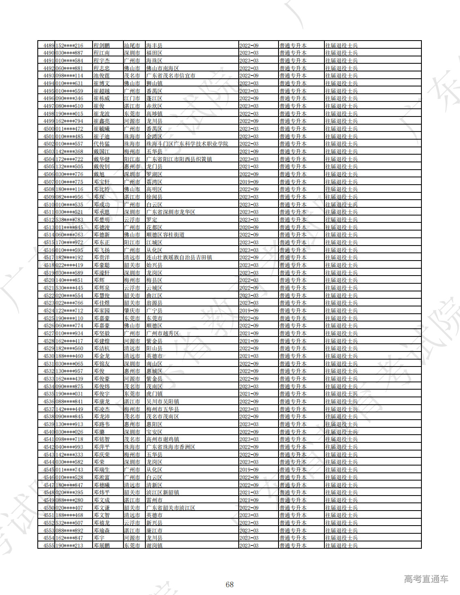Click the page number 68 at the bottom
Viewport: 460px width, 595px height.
click(x=229, y=584)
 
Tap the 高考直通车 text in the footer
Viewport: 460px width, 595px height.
click(x=426, y=579)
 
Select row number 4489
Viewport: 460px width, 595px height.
click(x=49, y=45)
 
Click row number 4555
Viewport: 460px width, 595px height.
click(x=49, y=545)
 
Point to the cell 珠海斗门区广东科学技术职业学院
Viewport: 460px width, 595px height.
click(x=187, y=144)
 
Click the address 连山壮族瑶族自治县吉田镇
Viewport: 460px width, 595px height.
click(x=179, y=257)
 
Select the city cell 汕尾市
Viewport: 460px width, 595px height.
click(x=132, y=45)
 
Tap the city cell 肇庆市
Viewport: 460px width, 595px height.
click(x=132, y=310)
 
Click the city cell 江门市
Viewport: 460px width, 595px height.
click(x=132, y=99)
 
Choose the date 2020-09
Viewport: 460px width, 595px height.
click(x=249, y=227)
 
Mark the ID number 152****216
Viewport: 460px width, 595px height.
click(x=69, y=45)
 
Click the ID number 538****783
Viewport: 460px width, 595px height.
click(x=69, y=220)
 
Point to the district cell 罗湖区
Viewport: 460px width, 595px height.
click(x=154, y=174)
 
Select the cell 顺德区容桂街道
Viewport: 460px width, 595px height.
click(x=165, y=235)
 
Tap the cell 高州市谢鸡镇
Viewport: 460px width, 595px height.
click(x=162, y=439)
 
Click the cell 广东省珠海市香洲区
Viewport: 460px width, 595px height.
click(x=171, y=447)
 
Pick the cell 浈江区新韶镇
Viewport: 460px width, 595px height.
click(x=162, y=492)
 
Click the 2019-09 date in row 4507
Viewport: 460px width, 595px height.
click(x=249, y=182)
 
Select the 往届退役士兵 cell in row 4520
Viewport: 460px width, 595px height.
click(x=341, y=280)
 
